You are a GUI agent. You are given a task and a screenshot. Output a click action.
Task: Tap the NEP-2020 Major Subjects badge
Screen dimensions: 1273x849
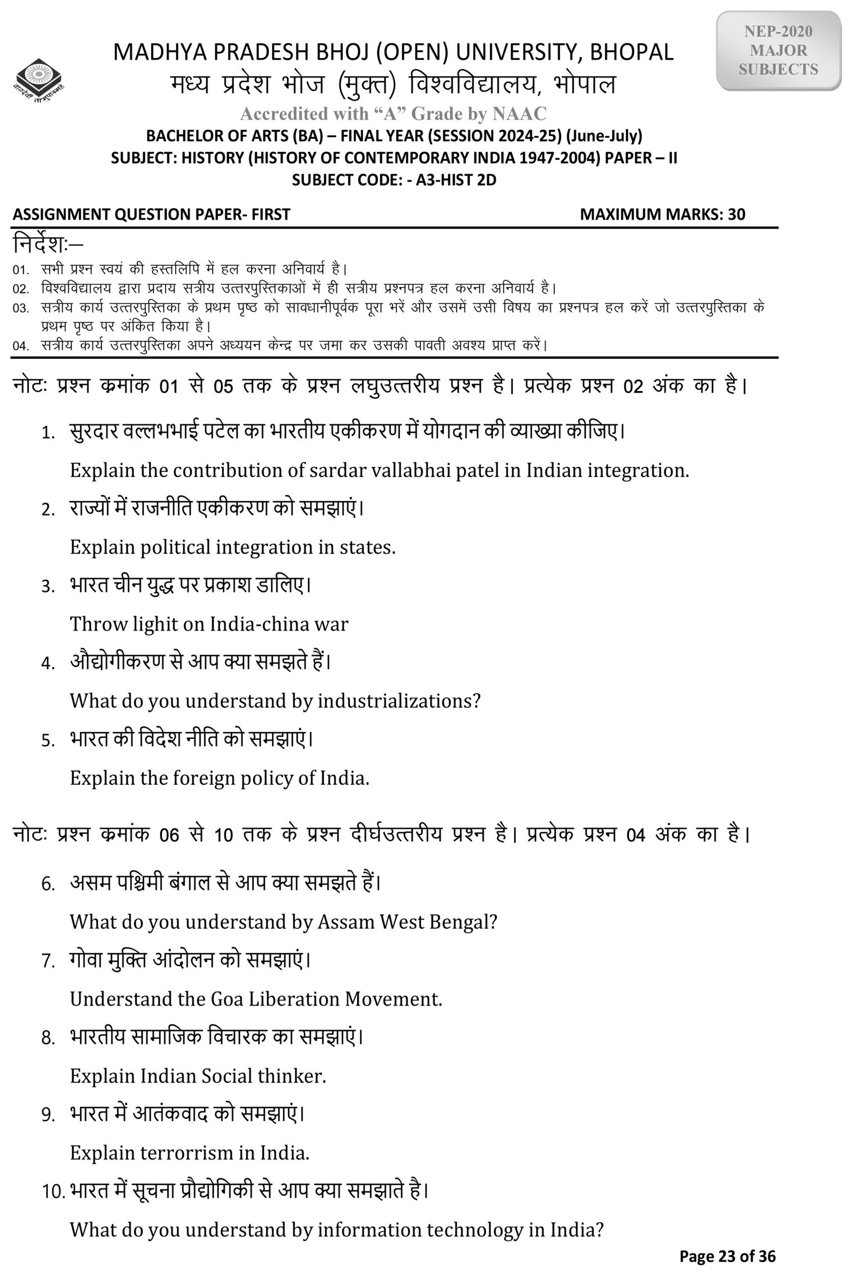[x=778, y=50]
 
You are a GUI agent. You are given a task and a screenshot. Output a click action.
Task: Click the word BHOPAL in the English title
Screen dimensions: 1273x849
[x=631, y=52]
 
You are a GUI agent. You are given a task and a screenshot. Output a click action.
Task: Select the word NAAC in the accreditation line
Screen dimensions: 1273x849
[x=519, y=114]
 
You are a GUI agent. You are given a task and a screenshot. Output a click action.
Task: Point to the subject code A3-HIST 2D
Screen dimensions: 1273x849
[x=456, y=180]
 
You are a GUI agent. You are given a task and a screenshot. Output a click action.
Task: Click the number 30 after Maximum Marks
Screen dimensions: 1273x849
[x=737, y=214]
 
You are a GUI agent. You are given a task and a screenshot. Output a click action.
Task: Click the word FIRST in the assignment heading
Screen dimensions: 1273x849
[x=271, y=214]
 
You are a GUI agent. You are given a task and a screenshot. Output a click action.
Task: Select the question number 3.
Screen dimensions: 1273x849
[x=48, y=587]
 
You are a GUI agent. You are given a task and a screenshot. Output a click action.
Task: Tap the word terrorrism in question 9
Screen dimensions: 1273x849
[x=186, y=1153]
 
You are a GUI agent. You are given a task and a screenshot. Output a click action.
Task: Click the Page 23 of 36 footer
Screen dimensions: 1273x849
[x=727, y=1256]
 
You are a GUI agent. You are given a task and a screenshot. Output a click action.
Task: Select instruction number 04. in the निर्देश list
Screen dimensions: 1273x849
[x=21, y=346]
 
